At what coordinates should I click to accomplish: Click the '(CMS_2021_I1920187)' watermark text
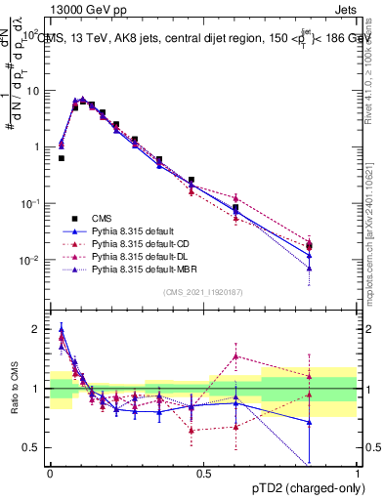[x=203, y=291]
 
